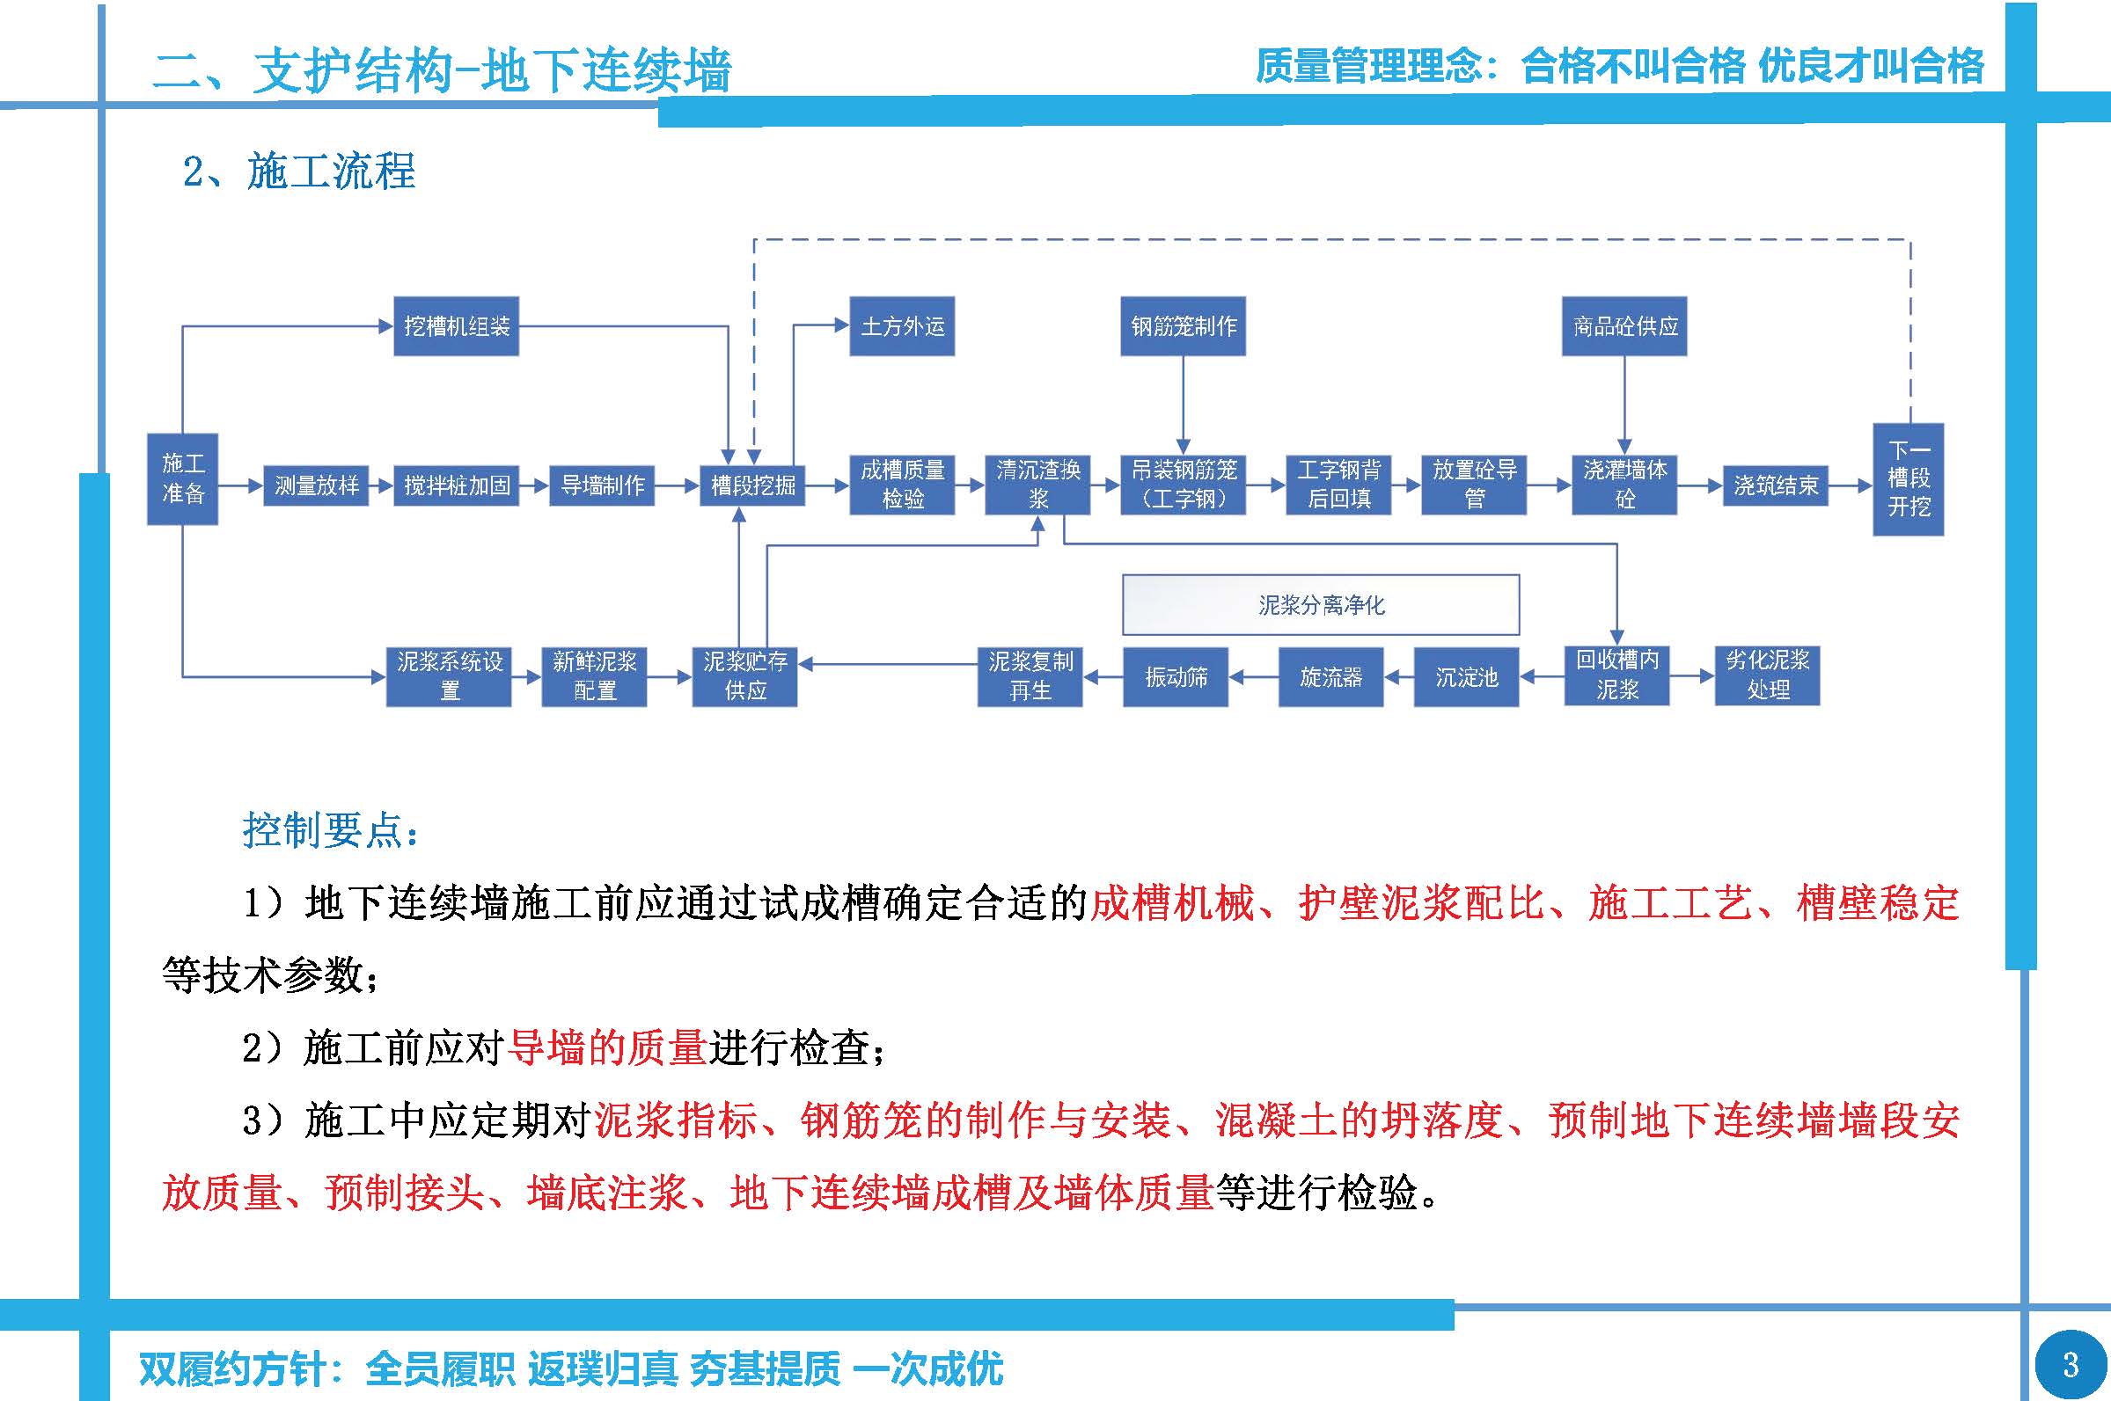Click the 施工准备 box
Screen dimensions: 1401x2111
(x=182, y=479)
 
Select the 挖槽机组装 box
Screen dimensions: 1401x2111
(x=456, y=326)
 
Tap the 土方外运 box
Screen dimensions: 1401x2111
(x=902, y=326)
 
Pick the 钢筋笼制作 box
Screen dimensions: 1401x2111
(x=1183, y=326)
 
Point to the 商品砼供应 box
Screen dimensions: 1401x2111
(x=1624, y=326)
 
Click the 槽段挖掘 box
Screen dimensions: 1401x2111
(x=752, y=485)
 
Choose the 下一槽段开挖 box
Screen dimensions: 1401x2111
(x=1908, y=479)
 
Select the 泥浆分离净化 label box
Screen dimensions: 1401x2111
(x=1320, y=605)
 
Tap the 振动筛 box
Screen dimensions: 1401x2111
(x=1176, y=677)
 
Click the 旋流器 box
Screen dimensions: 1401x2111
(x=1330, y=677)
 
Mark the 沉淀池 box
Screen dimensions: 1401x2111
(x=1466, y=677)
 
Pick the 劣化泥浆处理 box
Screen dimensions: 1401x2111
(x=1767, y=675)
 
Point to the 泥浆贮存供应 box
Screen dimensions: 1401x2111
(x=744, y=676)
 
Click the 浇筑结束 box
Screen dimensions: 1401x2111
(x=1775, y=485)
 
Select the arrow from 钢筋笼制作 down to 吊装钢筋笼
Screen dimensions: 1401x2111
(x=1183, y=402)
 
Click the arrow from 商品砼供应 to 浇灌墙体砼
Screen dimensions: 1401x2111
(x=1624, y=402)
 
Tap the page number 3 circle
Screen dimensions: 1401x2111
(x=2070, y=1364)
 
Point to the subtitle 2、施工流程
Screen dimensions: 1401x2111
(x=299, y=171)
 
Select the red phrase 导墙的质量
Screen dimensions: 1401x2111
(x=607, y=1047)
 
